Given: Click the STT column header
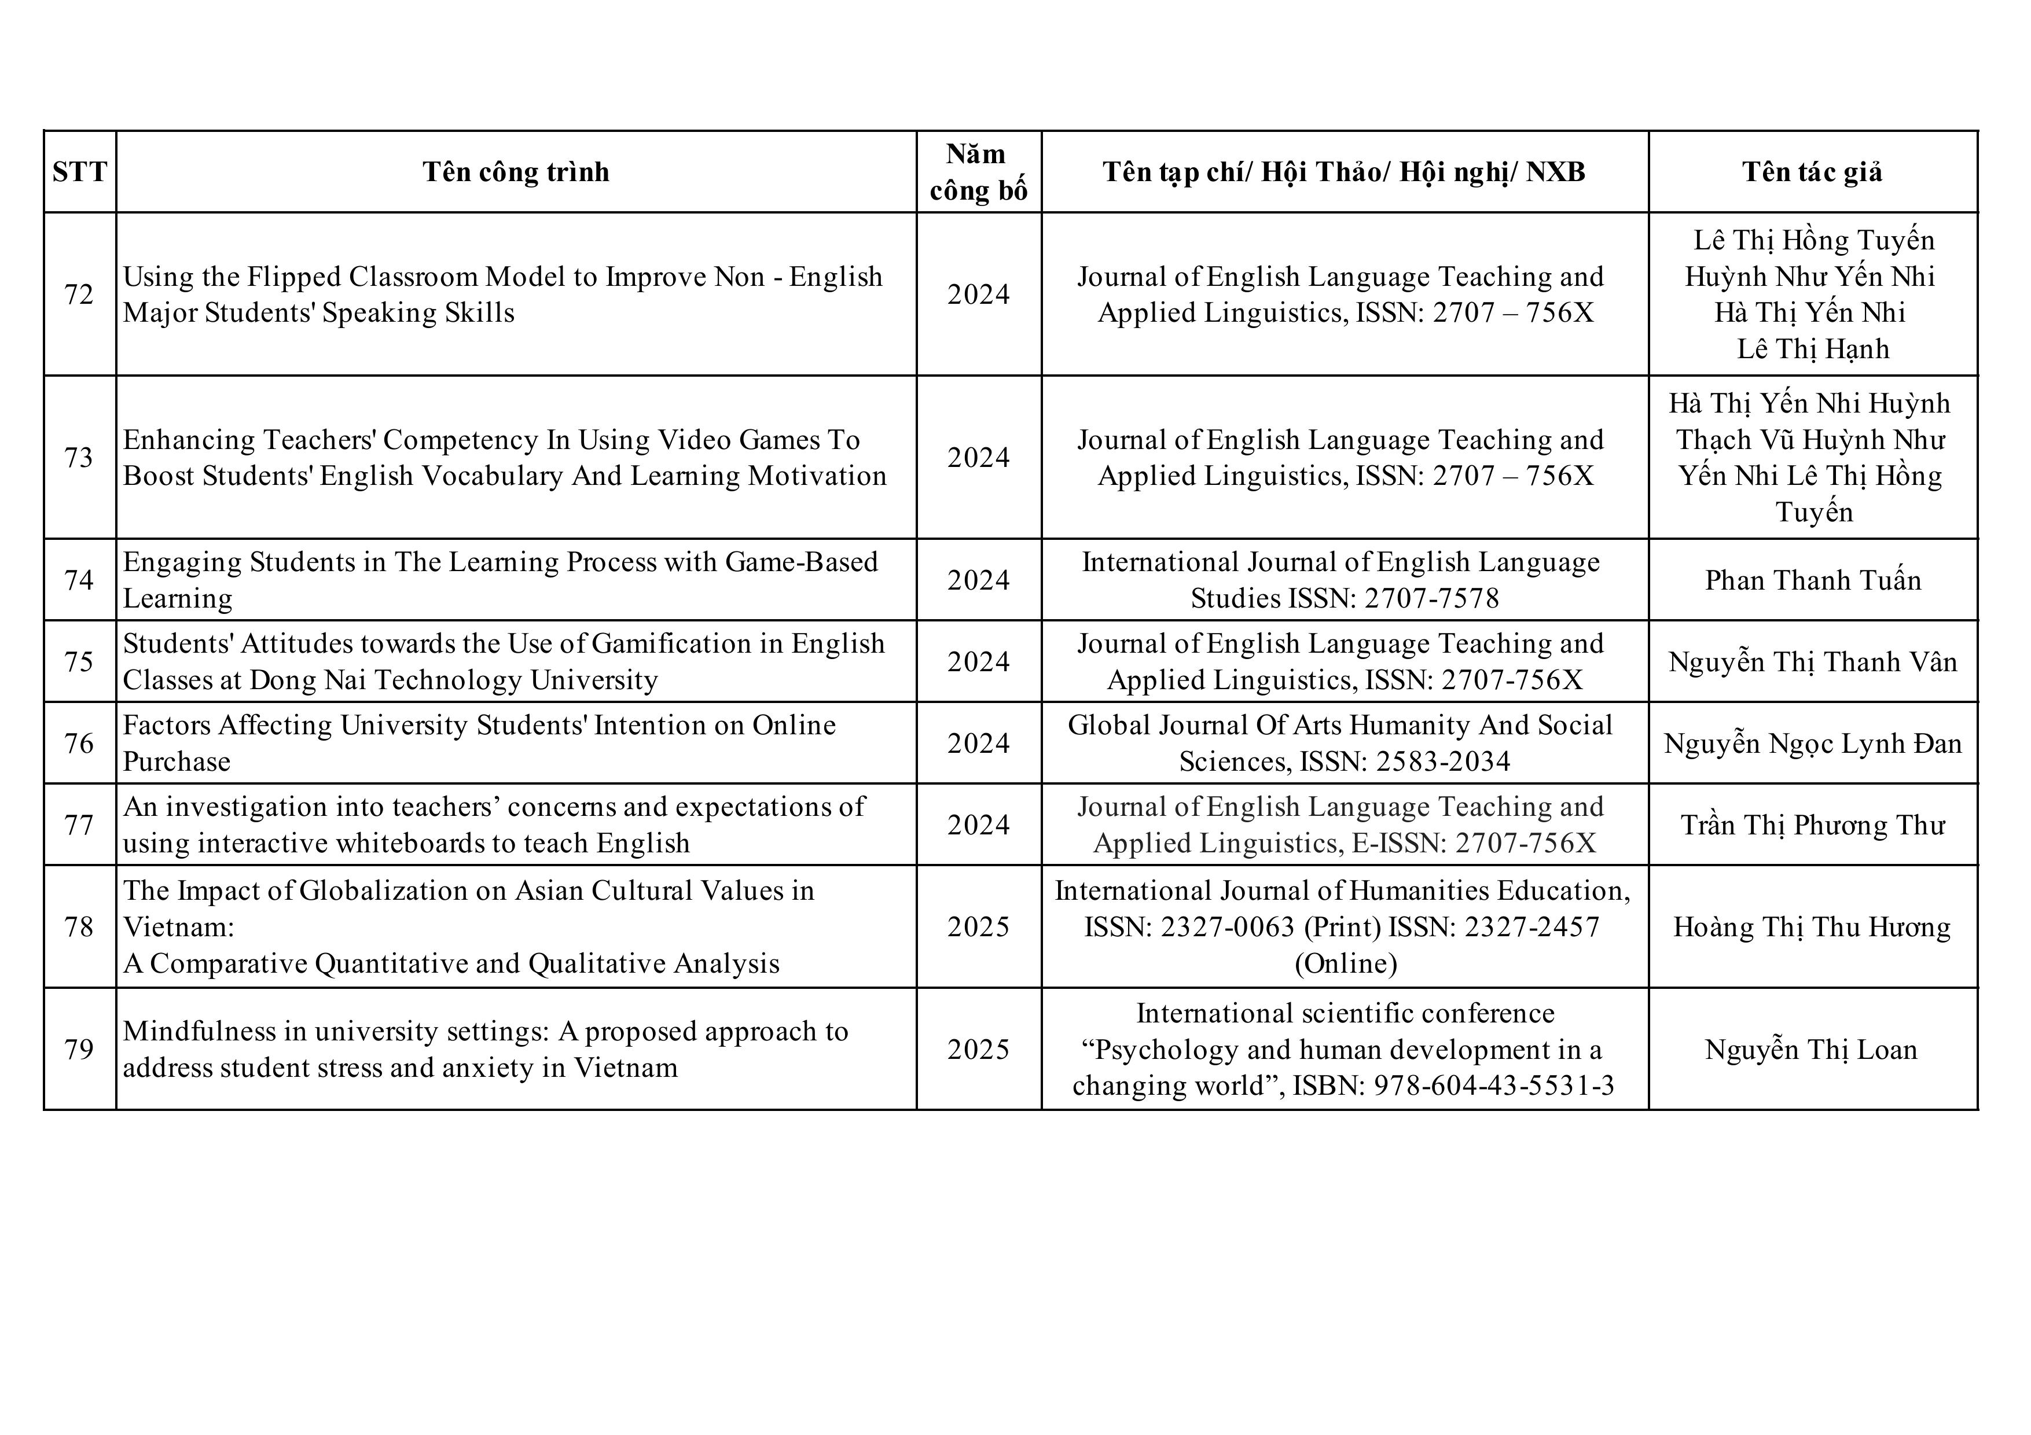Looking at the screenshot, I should [80, 171].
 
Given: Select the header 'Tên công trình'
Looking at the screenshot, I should [516, 171].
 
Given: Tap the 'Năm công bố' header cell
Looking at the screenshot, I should [978, 171].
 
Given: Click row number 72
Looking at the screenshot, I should [79, 295].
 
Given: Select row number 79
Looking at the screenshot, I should [79, 1050].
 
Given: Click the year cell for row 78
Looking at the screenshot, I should [978, 926].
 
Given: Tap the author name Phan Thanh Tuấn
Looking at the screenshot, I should [1813, 580].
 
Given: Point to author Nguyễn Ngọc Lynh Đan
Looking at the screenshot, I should [1813, 744].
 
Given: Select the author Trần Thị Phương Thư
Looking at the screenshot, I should [1813, 825].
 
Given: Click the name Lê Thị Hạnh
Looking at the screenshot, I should [1813, 349].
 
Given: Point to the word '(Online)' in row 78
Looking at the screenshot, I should [1346, 963].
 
